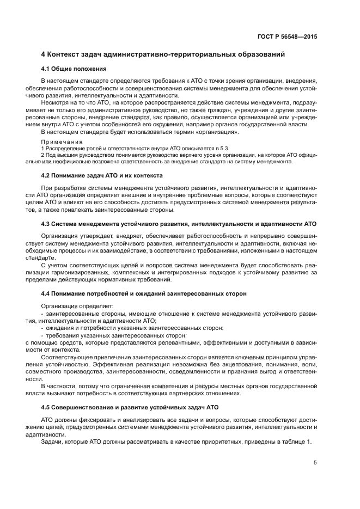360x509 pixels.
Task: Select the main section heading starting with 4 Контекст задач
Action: (163, 55)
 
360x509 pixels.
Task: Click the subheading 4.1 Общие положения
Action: (74, 69)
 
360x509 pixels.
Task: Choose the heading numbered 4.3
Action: (179, 224)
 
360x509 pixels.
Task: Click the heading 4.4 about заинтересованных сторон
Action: (144, 293)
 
